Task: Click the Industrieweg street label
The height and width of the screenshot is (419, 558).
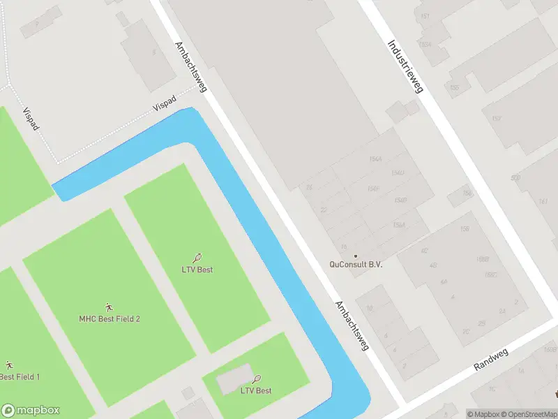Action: [x=405, y=66]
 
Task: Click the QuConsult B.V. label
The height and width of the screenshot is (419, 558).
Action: [x=356, y=265]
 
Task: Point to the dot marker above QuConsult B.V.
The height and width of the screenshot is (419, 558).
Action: [x=356, y=256]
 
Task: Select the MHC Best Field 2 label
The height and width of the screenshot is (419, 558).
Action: [x=110, y=319]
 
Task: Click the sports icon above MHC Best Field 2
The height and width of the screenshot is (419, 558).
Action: [x=109, y=307]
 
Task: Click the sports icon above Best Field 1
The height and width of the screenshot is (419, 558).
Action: [x=9, y=365]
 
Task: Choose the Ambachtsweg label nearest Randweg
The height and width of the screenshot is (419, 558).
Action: [x=352, y=326]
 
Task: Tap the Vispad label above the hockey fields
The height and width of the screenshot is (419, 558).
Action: [x=30, y=119]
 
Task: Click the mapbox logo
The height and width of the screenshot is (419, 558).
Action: [x=31, y=411]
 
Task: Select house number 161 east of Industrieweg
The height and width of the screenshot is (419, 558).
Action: [x=543, y=202]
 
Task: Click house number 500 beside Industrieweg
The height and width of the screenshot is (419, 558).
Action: [x=515, y=178]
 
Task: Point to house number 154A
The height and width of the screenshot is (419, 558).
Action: [x=375, y=159]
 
